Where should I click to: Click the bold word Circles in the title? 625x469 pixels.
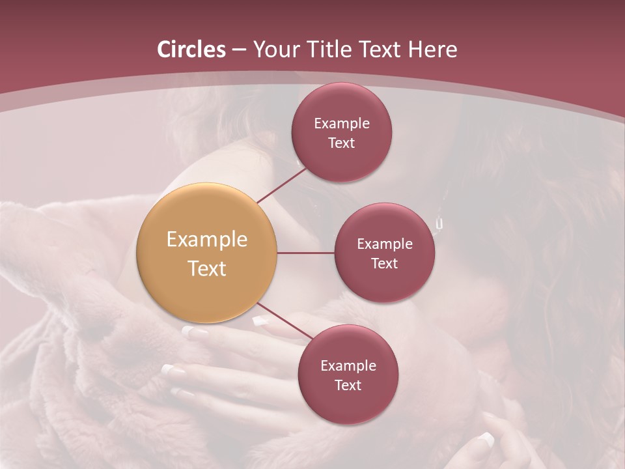click(x=191, y=50)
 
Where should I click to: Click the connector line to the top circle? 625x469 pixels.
click(x=281, y=185)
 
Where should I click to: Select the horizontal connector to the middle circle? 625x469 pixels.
click(x=306, y=253)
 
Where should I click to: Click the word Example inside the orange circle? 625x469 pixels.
click(x=207, y=240)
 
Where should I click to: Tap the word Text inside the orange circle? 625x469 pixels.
click(x=207, y=268)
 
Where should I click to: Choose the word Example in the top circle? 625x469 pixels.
click(x=342, y=124)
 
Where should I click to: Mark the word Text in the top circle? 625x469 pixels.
click(x=341, y=143)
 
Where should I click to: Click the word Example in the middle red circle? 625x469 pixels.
click(x=385, y=244)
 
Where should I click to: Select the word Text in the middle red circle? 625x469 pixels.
click(x=384, y=264)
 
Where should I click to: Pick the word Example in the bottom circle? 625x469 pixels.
click(x=348, y=366)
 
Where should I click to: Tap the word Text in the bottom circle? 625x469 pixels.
click(x=348, y=386)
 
